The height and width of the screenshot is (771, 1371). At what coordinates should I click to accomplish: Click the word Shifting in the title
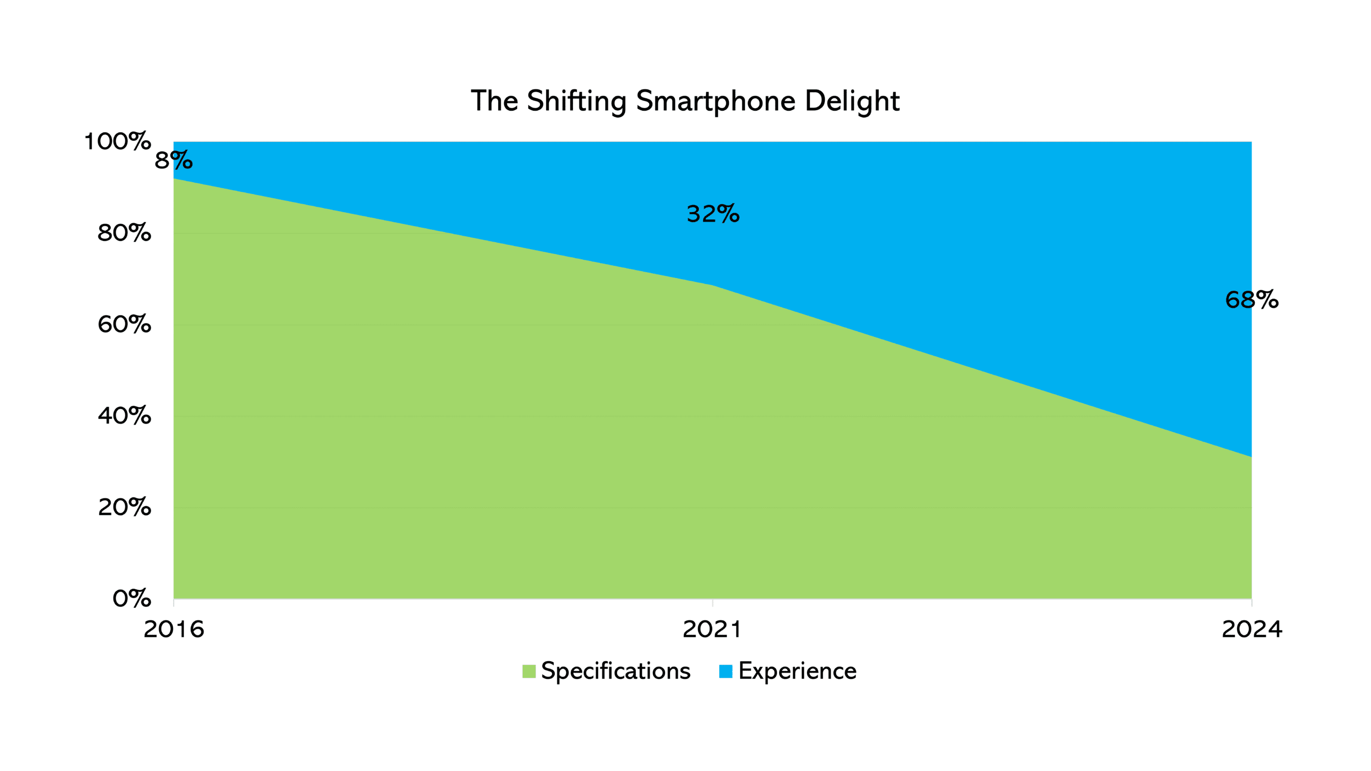[576, 101]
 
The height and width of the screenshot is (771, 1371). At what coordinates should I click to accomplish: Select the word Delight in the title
[852, 101]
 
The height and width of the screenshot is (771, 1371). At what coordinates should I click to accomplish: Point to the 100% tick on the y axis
[118, 142]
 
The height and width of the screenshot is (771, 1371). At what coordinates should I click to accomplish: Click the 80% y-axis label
[124, 233]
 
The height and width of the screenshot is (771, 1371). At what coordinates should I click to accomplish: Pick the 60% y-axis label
[124, 324]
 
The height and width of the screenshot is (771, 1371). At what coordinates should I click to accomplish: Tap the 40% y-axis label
[124, 416]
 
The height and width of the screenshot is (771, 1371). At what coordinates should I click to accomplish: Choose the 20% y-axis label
[124, 507]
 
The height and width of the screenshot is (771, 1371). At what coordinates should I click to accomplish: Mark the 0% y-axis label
[132, 599]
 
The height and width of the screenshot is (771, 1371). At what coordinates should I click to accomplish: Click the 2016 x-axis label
[174, 629]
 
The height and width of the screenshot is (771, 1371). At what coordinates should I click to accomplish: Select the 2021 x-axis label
[712, 629]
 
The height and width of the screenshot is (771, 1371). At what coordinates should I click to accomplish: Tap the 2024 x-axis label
[1252, 629]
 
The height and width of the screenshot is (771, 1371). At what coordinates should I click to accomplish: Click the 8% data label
[174, 161]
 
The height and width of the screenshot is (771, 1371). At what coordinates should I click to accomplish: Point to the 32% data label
[713, 214]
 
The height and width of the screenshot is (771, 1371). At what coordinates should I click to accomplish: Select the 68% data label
[1252, 300]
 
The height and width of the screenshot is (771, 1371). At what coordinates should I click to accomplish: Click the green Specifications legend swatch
[529, 671]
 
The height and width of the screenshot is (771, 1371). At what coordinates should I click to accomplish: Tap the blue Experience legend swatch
[726, 671]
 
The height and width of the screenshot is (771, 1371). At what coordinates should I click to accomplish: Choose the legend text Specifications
[615, 671]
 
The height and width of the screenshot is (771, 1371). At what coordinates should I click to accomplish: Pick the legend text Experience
[797, 671]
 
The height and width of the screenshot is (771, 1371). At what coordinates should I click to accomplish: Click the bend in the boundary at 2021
[712, 285]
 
